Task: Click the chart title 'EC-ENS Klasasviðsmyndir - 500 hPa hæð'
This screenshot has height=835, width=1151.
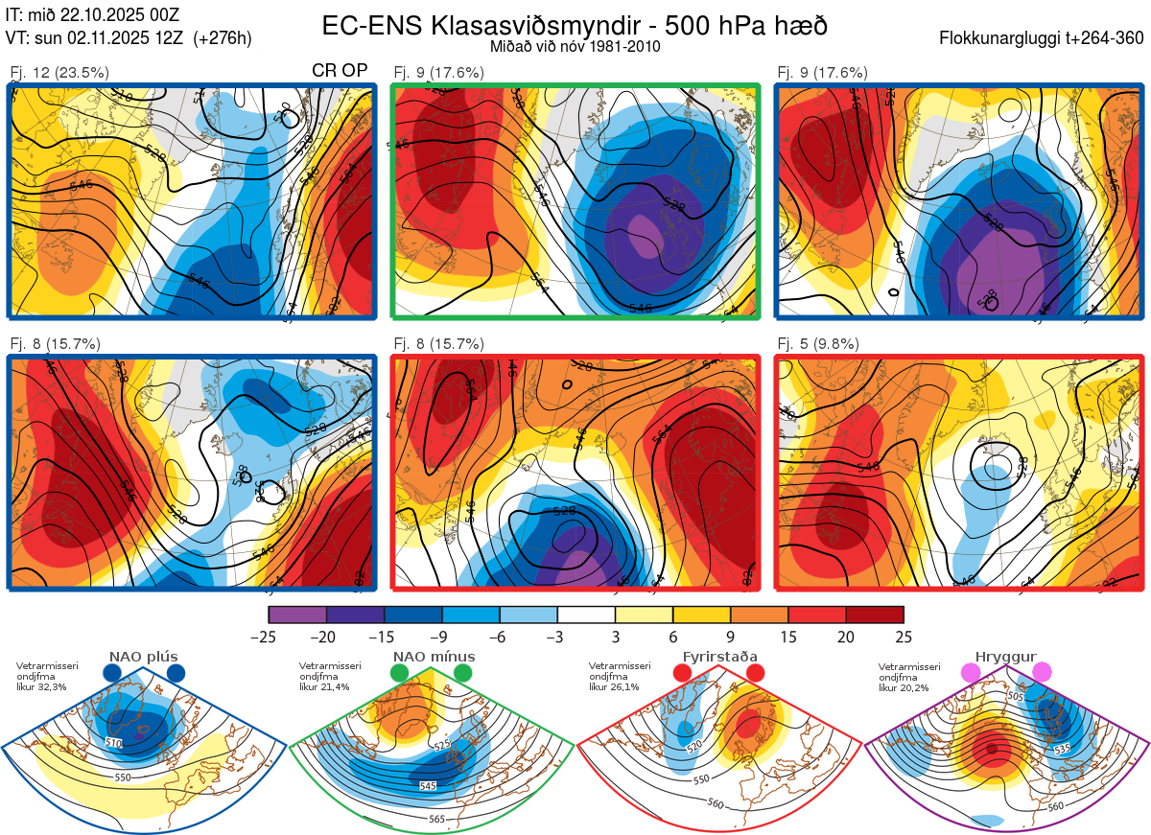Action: (x=575, y=25)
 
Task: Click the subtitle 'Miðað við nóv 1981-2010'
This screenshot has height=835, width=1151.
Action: (x=575, y=46)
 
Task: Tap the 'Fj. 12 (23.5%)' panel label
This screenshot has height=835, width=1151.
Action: (x=59, y=72)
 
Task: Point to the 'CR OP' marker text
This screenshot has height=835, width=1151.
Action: (x=341, y=72)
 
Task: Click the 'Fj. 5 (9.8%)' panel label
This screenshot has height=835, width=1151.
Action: (x=818, y=344)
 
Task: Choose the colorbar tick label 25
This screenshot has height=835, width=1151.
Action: (x=903, y=637)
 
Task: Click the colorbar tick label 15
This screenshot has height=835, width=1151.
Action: (x=787, y=637)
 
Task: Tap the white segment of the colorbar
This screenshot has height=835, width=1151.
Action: (x=586, y=615)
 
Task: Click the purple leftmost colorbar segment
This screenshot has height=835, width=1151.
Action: (x=297, y=615)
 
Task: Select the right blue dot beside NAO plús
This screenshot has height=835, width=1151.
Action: (x=176, y=674)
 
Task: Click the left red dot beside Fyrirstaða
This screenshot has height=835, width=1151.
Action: (x=683, y=674)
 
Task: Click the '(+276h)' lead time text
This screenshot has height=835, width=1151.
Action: (x=223, y=38)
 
